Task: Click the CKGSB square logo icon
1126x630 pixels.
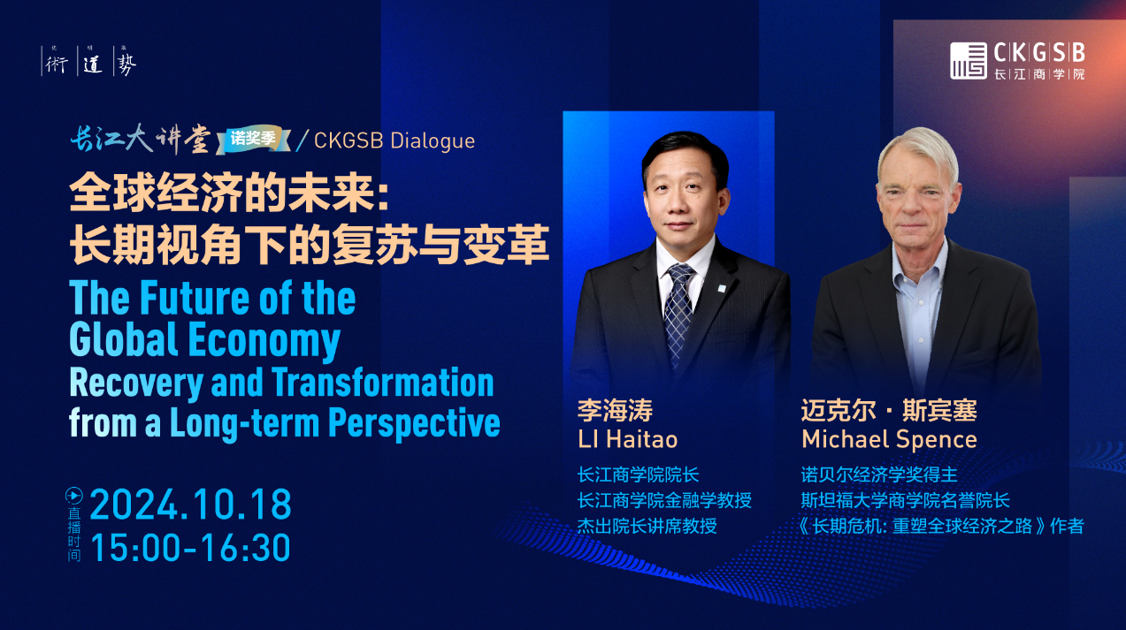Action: coord(969,61)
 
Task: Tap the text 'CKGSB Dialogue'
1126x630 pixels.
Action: coord(394,141)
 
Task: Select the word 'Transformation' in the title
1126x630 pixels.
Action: coord(382,383)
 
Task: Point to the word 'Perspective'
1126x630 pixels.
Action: coord(414,424)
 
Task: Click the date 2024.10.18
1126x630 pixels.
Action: coord(190,504)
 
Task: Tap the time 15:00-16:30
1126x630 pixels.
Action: coord(190,547)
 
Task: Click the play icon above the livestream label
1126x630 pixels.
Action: coord(74,496)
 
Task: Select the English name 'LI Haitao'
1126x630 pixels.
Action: coord(628,439)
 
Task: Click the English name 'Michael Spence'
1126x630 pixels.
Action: coord(889,439)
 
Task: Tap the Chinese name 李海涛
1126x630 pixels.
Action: coord(616,410)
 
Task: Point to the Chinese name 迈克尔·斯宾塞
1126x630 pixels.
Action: coord(889,410)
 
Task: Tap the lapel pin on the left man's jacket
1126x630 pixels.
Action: coord(722,288)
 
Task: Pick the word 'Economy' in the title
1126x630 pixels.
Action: coord(264,341)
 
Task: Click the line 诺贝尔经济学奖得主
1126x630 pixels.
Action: coord(879,474)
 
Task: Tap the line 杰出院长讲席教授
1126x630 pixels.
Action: coord(647,526)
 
